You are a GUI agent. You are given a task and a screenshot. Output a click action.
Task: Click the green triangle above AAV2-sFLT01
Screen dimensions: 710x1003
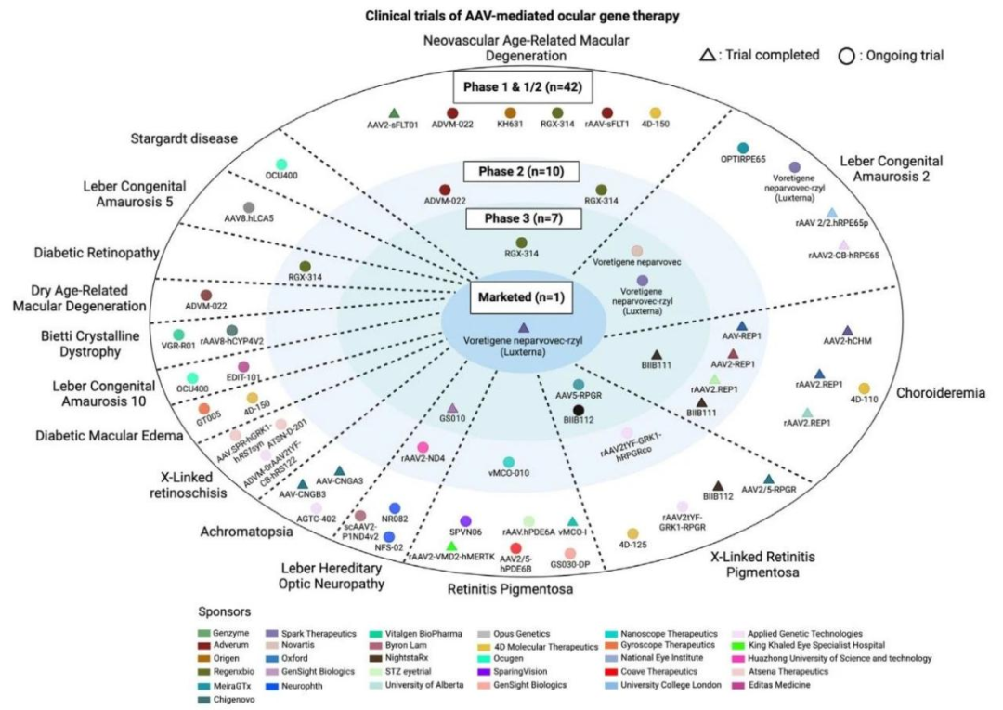point(394,113)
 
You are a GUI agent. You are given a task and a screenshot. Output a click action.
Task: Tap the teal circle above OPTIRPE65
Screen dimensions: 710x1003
point(742,149)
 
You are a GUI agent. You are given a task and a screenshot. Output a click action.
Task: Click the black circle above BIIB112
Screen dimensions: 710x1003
point(579,410)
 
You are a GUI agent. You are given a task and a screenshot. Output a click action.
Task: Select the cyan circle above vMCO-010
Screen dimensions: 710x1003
point(508,462)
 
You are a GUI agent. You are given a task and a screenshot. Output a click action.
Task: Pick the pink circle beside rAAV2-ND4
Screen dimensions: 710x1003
point(423,448)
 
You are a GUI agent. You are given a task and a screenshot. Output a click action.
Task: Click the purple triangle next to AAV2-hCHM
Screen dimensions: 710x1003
point(846,331)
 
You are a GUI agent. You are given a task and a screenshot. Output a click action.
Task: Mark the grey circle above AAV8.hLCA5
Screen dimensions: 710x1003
point(248,207)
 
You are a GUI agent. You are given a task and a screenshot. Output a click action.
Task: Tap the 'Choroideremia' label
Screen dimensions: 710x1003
point(939,393)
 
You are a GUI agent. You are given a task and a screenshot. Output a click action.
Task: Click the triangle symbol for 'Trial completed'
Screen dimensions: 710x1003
point(708,56)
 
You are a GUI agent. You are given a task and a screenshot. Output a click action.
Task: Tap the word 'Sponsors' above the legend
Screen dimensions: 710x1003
point(224,612)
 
